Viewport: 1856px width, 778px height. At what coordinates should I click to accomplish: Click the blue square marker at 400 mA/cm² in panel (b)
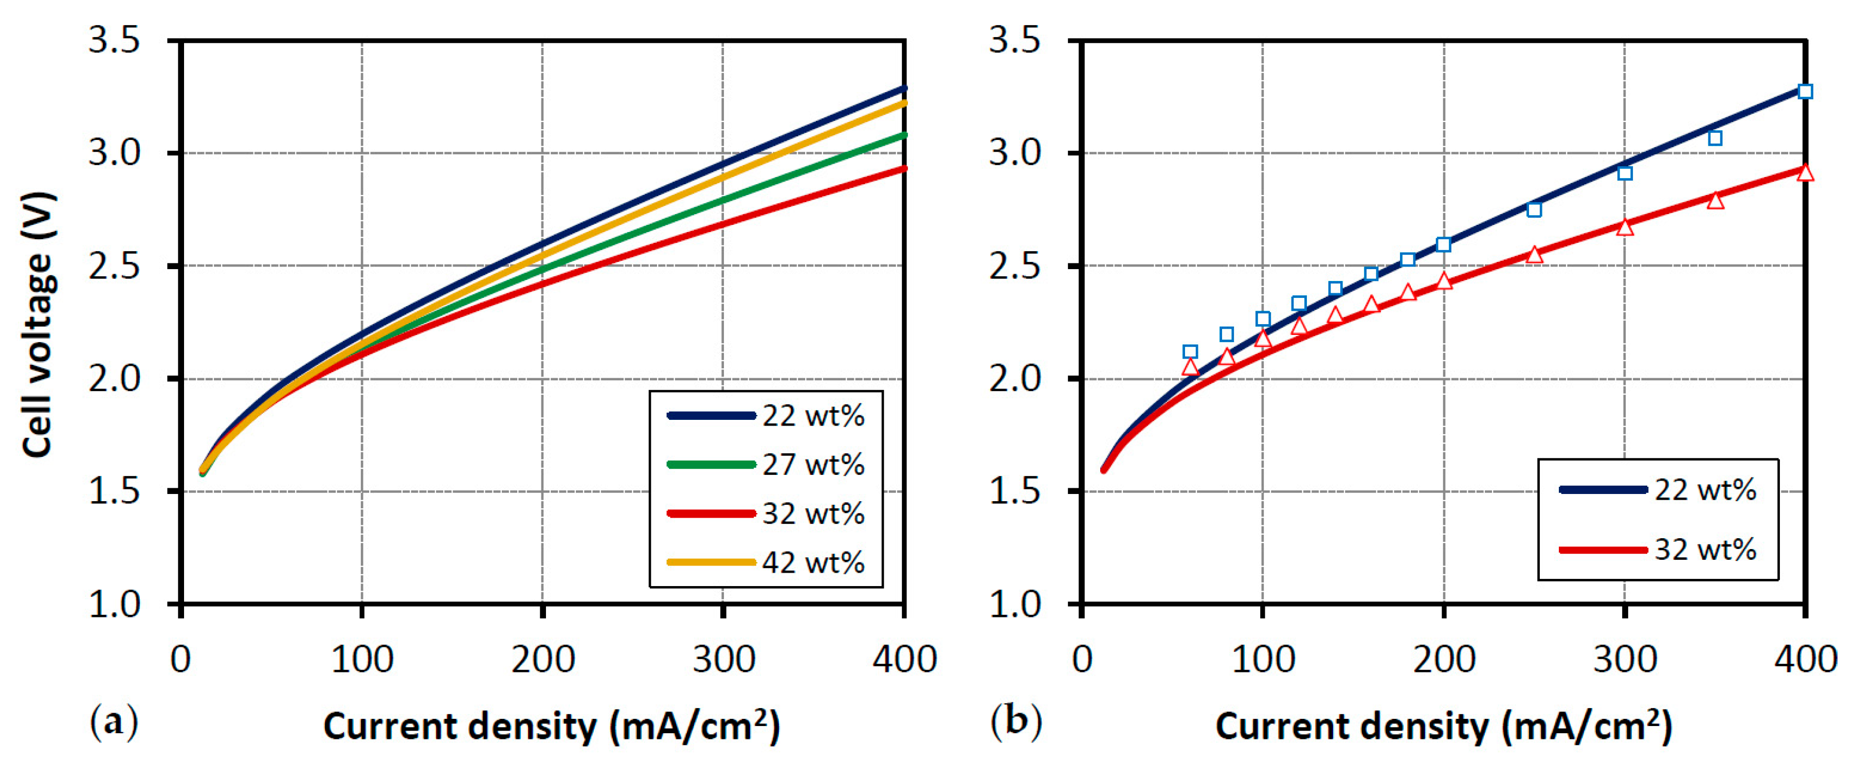[1805, 92]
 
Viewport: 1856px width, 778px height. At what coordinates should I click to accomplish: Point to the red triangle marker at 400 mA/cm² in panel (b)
[1805, 173]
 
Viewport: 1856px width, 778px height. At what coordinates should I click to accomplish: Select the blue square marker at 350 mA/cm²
[1715, 138]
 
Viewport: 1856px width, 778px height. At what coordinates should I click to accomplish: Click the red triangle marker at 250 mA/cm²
[1534, 255]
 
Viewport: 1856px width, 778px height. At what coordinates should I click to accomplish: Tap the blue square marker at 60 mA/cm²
[1190, 352]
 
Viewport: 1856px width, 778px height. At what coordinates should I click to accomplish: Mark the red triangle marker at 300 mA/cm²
[1625, 227]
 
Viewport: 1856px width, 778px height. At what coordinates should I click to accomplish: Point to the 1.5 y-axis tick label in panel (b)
[1014, 492]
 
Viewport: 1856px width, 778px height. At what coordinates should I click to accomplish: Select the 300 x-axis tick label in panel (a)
[723, 660]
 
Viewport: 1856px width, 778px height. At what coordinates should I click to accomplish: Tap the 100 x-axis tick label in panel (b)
[1263, 660]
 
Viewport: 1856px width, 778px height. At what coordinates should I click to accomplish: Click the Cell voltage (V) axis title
[38, 325]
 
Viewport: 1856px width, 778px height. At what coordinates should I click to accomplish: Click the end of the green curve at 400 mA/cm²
[903, 135]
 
